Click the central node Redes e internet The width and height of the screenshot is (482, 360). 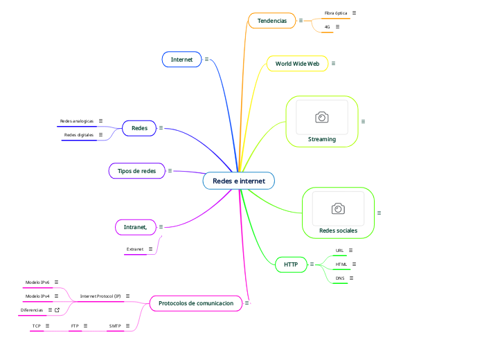[238, 181]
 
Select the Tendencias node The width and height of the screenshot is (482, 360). [271, 21]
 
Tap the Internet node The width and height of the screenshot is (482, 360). [181, 60]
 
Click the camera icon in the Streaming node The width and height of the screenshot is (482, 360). [321, 118]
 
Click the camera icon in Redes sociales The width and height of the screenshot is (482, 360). [338, 208]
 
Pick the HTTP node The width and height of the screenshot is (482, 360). [291, 264]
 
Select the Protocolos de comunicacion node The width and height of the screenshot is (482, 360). [196, 303]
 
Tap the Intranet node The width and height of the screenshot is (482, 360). [135, 226]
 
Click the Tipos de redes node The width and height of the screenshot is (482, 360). [136, 170]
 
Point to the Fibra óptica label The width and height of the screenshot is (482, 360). [336, 13]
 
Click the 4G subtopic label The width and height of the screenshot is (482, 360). [327, 27]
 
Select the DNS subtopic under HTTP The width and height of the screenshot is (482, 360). [340, 278]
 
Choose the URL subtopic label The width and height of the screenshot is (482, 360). [339, 250]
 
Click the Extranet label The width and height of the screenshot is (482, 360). [135, 249]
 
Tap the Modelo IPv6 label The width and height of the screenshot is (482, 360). [37, 282]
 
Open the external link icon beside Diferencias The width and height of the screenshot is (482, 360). [57, 310]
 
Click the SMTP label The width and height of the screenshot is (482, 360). [115, 325]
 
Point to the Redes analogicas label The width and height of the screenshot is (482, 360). [77, 121]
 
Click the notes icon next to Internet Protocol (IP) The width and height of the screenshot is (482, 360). [128, 296]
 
